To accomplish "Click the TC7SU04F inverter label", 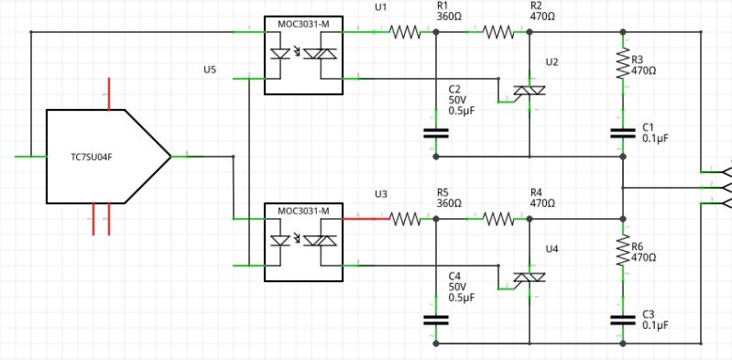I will pyautogui.click(x=92, y=157).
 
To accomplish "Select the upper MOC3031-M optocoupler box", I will pyautogui.click(x=303, y=56).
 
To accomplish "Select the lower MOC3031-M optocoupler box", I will pyautogui.click(x=303, y=243).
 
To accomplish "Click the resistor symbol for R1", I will pyautogui.click(x=405, y=32).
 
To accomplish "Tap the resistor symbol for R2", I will pyautogui.click(x=499, y=32).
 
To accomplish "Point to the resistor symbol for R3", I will pyautogui.click(x=623, y=63).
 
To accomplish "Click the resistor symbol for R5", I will pyautogui.click(x=405, y=219).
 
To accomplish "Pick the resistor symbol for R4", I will pyautogui.click(x=499, y=219).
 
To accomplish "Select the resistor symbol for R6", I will pyautogui.click(x=623, y=250).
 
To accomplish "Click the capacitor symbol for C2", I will pyautogui.click(x=436, y=133).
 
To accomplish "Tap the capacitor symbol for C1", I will pyautogui.click(x=623, y=133).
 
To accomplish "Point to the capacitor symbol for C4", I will pyautogui.click(x=436, y=320).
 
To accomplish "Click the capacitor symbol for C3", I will pyautogui.click(x=623, y=320).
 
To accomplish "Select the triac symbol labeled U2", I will pyautogui.click(x=529, y=91).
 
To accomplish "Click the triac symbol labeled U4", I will pyautogui.click(x=529, y=278).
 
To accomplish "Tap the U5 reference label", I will pyautogui.click(x=210, y=70).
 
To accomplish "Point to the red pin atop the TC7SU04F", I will pyautogui.click(x=109, y=94).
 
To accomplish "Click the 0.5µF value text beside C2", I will pyautogui.click(x=461, y=111).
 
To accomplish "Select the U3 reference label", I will pyautogui.click(x=381, y=194).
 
